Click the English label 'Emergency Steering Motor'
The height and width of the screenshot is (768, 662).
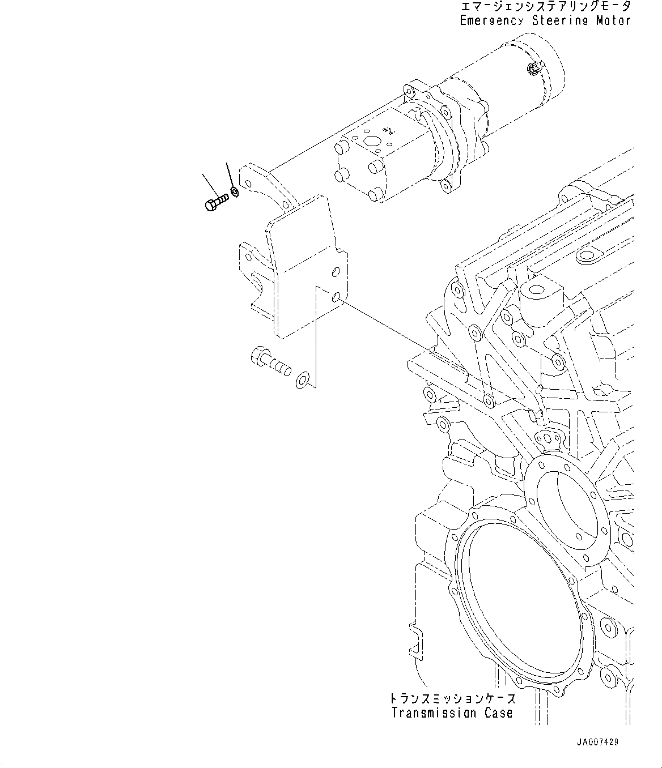(x=545, y=21)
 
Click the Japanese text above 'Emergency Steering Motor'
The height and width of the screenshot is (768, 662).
(x=545, y=7)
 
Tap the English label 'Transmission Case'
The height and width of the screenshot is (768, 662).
(x=452, y=713)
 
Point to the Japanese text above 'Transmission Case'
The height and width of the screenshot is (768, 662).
(x=452, y=698)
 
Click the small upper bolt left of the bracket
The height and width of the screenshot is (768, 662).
(x=215, y=202)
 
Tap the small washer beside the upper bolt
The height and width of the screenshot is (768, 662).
(x=235, y=191)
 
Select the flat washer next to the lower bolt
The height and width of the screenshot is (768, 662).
(x=303, y=380)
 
